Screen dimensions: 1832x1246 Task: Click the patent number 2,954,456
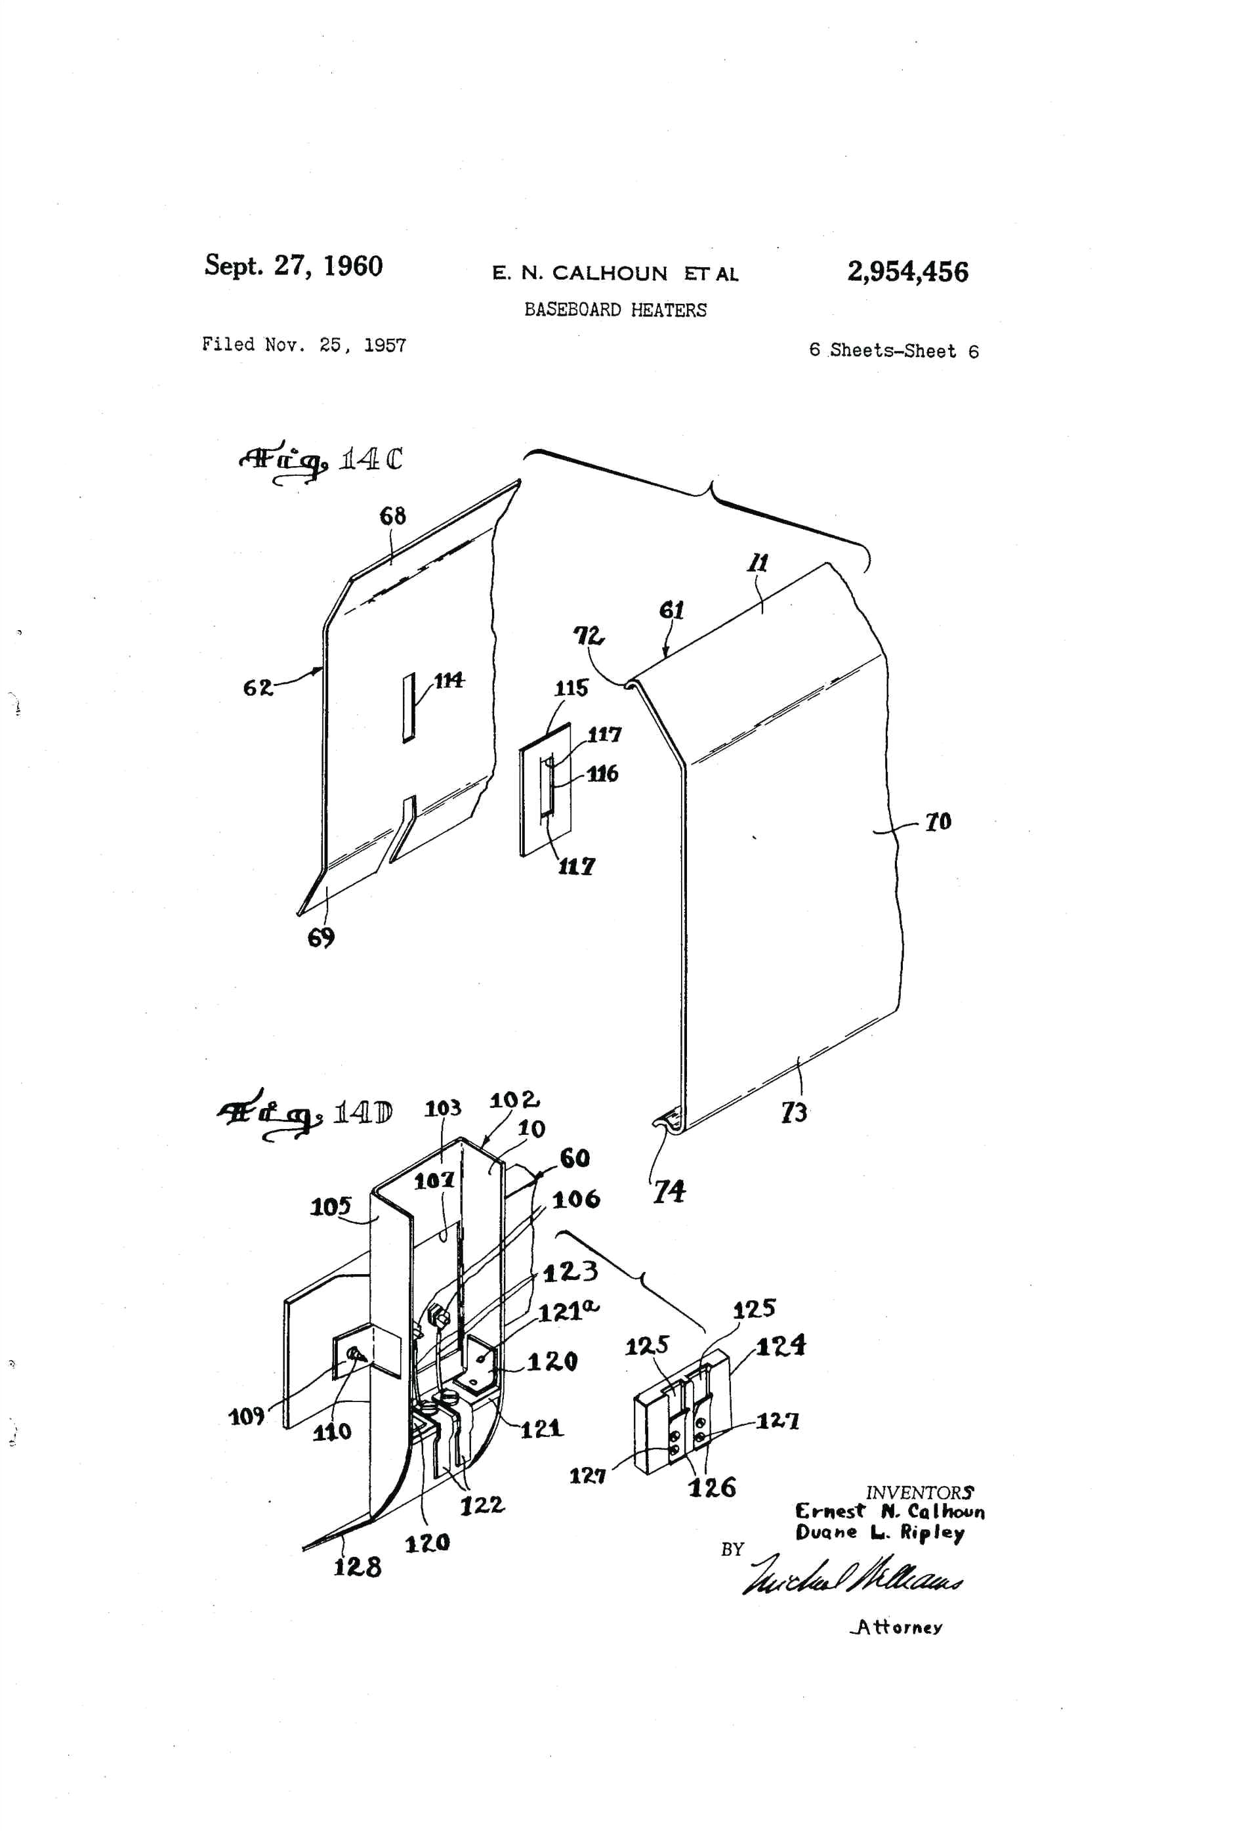click(x=907, y=272)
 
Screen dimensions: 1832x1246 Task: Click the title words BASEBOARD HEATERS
click(x=615, y=310)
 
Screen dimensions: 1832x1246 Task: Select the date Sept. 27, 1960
click(x=293, y=266)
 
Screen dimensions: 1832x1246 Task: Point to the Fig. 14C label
click(x=321, y=460)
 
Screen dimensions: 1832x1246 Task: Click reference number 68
click(x=392, y=517)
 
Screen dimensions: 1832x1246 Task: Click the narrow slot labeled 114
click(x=408, y=707)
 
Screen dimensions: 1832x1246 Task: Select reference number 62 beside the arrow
click(x=258, y=687)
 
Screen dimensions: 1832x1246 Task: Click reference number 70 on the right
click(x=937, y=822)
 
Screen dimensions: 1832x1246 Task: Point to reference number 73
click(x=794, y=1113)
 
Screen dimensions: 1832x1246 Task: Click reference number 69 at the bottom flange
click(x=321, y=937)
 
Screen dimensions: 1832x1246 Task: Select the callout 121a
click(x=568, y=1311)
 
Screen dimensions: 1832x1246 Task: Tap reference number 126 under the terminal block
click(x=712, y=1487)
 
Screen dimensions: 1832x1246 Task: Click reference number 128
click(x=357, y=1566)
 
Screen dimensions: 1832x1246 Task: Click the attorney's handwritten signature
click(x=851, y=1575)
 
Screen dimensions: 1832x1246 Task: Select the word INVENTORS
click(x=919, y=1492)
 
